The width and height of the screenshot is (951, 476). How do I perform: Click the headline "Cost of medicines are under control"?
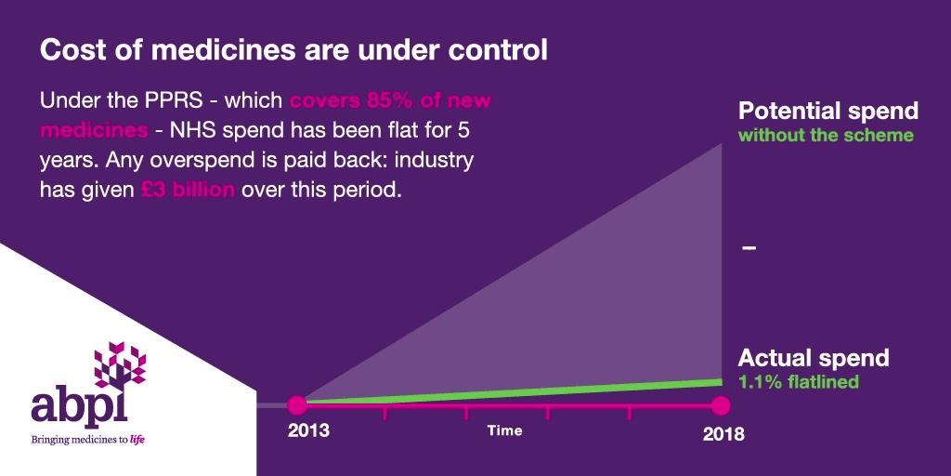pos(293,51)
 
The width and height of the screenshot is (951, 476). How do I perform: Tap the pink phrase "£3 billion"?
pos(188,190)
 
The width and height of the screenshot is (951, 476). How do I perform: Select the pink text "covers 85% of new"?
pos(390,100)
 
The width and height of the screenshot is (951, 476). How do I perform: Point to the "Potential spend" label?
pos(827,112)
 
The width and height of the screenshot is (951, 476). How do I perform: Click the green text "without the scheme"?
pos(826,135)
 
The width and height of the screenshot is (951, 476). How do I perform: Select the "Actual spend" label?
pos(814,358)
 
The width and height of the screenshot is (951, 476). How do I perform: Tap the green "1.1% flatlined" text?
pos(798,382)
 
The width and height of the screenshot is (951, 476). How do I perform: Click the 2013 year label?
pos(308,430)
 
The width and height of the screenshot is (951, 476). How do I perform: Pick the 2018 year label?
pos(723,435)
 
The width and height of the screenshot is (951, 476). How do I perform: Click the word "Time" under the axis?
pos(504,430)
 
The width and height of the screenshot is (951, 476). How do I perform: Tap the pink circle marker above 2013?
pos(297,405)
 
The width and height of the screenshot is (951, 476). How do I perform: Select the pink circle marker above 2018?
pos(721,405)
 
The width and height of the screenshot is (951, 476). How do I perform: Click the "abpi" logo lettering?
pos(80,408)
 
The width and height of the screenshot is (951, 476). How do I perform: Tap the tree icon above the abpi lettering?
pos(120,364)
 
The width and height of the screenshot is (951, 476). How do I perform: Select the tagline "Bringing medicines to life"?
pos(88,439)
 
